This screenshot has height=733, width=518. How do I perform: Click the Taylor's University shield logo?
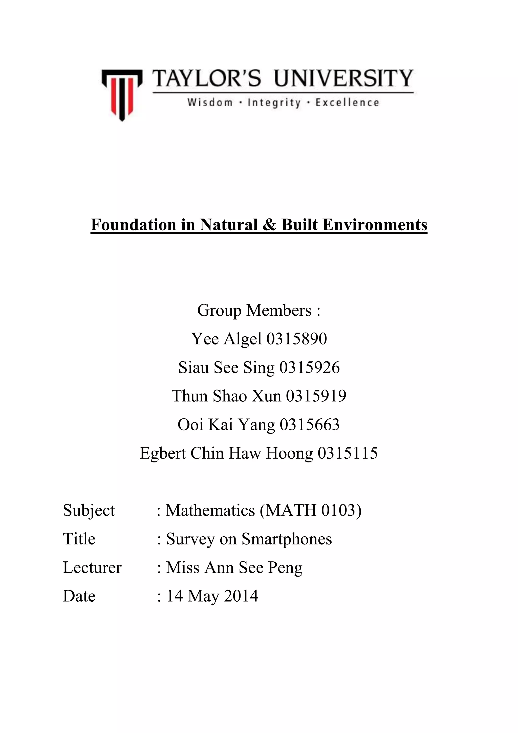pos(122,94)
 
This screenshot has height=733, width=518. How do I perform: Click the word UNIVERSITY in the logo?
pos(343,78)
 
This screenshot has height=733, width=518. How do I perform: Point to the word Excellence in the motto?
pos(347,103)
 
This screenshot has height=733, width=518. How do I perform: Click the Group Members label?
pos(259,310)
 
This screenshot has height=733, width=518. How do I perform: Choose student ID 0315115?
pos(348,453)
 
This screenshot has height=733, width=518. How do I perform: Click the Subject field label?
pos(89,510)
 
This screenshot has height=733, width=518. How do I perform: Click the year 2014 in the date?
pos(241,596)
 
